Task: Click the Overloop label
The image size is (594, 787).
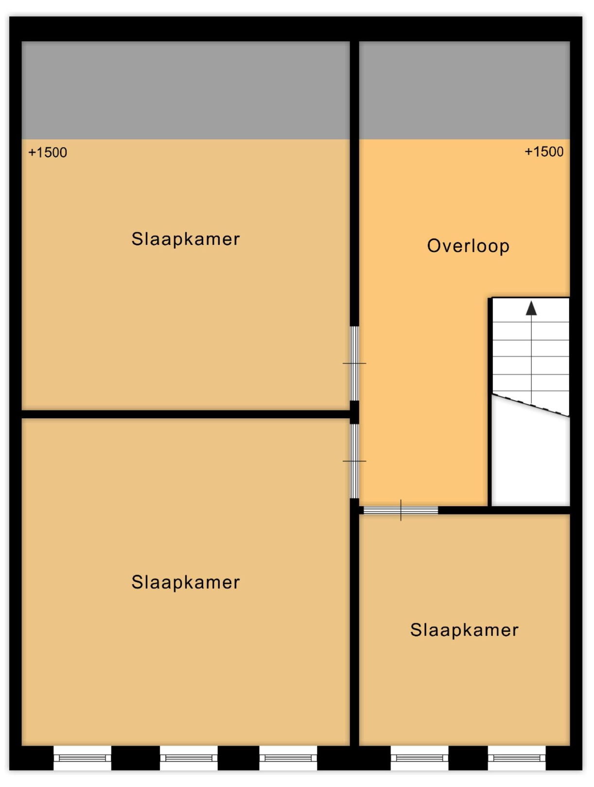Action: click(x=468, y=246)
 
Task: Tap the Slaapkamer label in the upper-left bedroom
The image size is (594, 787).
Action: click(x=186, y=239)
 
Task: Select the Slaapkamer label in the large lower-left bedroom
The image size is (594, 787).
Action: click(x=186, y=582)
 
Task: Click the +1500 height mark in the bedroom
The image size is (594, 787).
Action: click(x=48, y=153)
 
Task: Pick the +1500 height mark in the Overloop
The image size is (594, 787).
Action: click(x=544, y=152)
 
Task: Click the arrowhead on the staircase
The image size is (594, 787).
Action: click(x=531, y=308)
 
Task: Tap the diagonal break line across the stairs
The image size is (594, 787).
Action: click(x=530, y=405)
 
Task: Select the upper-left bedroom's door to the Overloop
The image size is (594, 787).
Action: click(x=354, y=363)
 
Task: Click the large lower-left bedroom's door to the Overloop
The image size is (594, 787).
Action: click(x=354, y=461)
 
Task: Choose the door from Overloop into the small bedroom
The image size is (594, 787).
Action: click(x=401, y=510)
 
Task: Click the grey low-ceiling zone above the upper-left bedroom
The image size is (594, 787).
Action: click(x=186, y=90)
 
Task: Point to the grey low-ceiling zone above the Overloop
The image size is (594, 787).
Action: click(x=464, y=90)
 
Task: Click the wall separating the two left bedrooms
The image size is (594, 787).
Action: click(x=186, y=414)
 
